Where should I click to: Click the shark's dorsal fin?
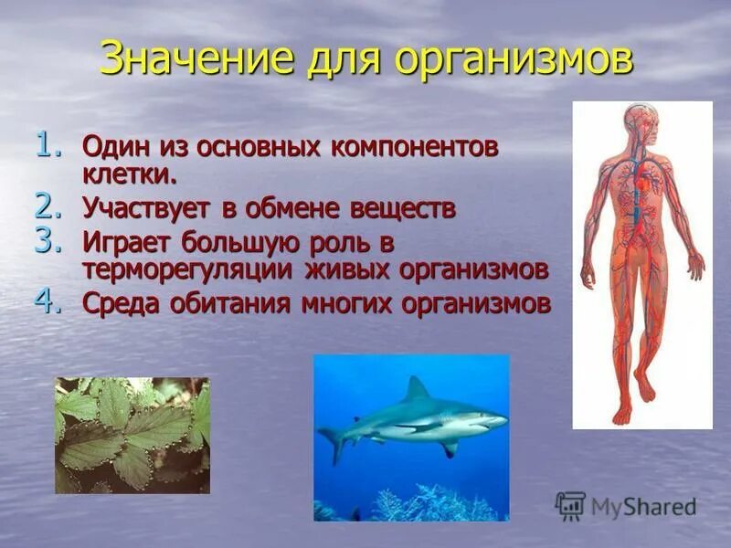pyautogui.click(x=417, y=389)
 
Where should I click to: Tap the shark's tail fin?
pyautogui.click(x=330, y=442)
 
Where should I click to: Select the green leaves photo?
pyautogui.click(x=132, y=436)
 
